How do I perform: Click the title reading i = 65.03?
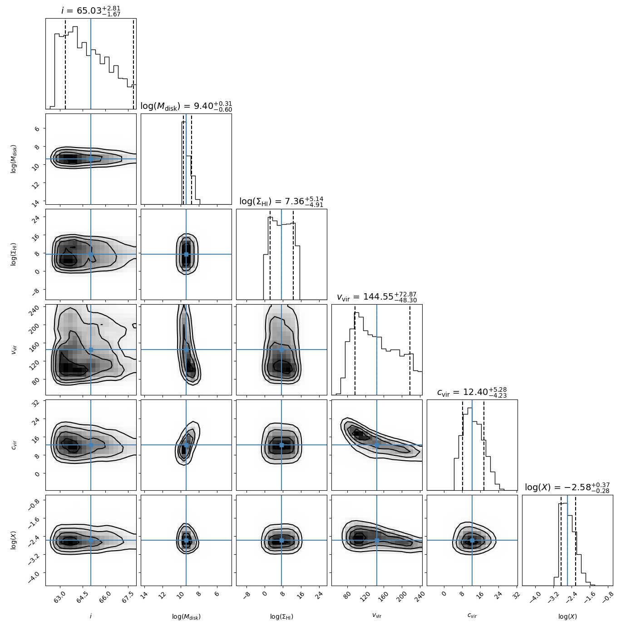91,10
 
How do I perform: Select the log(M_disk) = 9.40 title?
186,106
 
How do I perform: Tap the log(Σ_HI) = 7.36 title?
281,202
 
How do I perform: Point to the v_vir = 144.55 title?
377,297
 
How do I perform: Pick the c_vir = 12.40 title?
472,392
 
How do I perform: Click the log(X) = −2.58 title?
567,488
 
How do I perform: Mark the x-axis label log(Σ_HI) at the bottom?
281,616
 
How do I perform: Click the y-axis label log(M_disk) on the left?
14,159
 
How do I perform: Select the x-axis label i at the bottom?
91,616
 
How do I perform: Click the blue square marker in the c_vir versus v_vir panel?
377,445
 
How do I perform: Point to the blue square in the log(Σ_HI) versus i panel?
91,254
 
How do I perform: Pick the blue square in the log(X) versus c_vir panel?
472,540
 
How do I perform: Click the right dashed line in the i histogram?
133,64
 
